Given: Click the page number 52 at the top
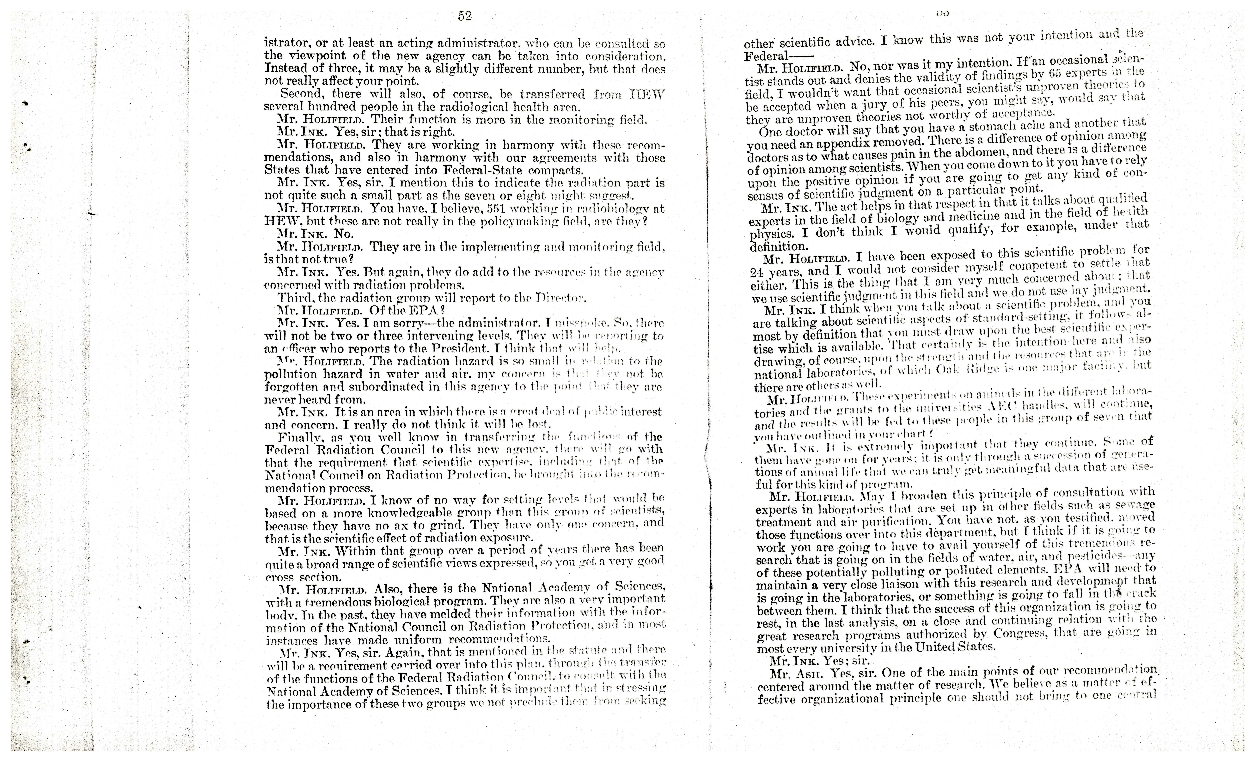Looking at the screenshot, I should click(464, 16).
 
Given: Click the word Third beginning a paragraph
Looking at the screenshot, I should click(294, 298).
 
